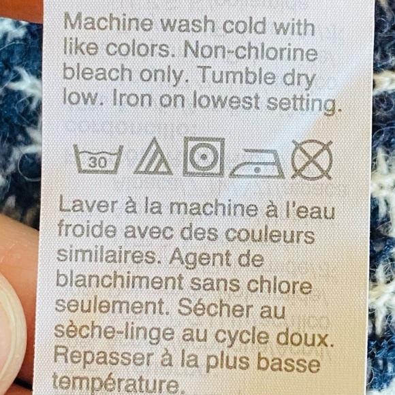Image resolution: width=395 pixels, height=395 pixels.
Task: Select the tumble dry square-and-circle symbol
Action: tap(204, 157)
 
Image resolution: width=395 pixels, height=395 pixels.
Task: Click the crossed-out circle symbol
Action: tap(312, 160)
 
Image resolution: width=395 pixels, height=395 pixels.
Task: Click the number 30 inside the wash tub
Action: tap(98, 163)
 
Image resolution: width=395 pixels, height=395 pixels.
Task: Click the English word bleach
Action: tap(97, 73)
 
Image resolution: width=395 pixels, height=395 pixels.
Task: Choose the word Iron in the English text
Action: tap(132, 99)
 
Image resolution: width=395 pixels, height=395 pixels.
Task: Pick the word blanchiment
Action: tap(120, 281)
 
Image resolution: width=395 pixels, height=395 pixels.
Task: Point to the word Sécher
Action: tap(215, 309)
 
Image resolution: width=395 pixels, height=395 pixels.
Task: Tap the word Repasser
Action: tap(104, 357)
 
